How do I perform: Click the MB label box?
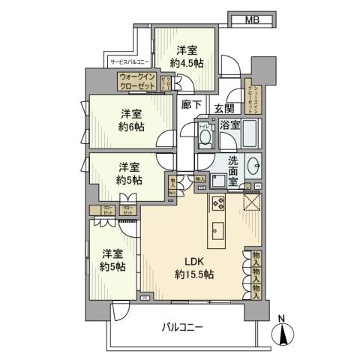point(251,20)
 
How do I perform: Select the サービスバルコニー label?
point(130,62)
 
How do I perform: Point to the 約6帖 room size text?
point(130,126)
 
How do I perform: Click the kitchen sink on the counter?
point(220,229)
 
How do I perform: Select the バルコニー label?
point(184,328)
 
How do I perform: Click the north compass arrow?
point(283,334)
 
